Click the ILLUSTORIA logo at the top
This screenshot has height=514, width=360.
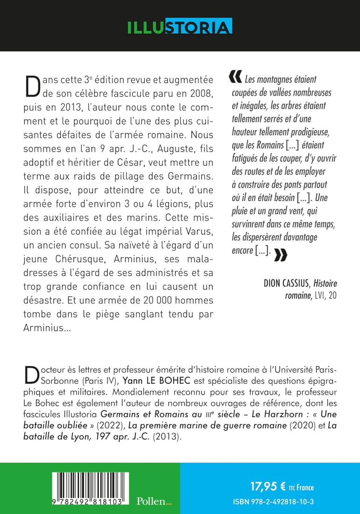point(180,26)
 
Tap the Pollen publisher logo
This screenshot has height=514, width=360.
point(154,501)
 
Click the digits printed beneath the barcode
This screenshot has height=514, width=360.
point(86,501)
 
